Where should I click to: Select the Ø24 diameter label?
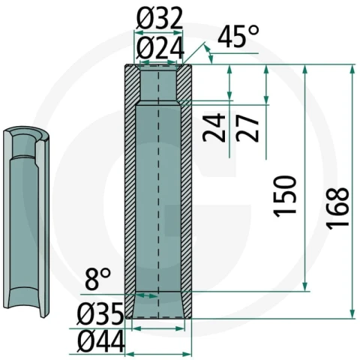(x=160, y=48)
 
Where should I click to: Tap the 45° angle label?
(x=238, y=37)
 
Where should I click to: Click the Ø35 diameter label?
(x=100, y=313)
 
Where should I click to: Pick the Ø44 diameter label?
(x=100, y=341)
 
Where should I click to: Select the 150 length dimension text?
(x=285, y=196)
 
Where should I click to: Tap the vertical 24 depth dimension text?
(x=214, y=127)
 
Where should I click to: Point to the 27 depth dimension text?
(x=247, y=127)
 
